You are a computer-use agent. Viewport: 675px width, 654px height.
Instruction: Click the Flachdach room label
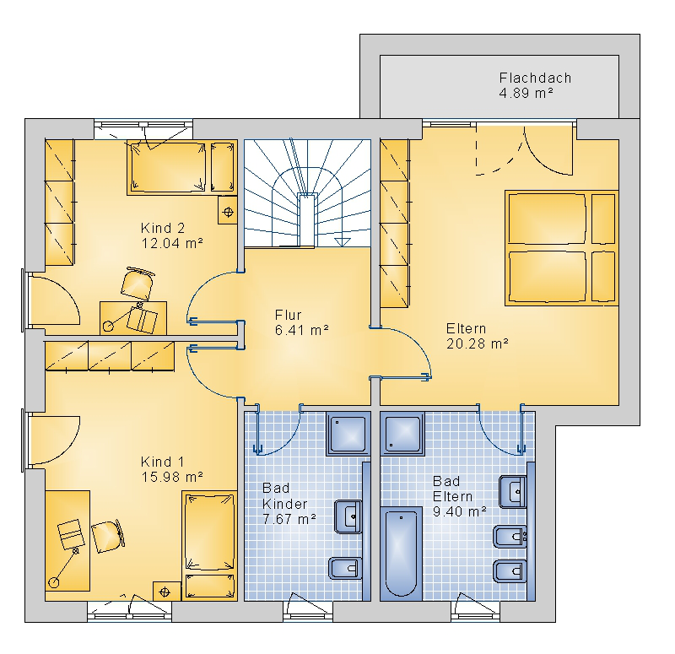(535, 78)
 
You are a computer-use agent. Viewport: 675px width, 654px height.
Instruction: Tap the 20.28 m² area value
(478, 344)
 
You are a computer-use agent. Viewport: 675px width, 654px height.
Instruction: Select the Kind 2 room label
(163, 228)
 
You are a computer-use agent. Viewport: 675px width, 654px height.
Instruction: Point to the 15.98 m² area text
(172, 477)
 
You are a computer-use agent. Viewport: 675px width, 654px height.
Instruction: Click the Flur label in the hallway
(288, 315)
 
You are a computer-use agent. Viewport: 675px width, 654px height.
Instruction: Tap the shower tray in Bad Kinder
(348, 433)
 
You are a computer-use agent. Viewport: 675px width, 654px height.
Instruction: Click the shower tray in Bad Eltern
(402, 433)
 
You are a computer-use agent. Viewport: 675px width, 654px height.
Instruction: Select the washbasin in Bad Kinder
(348, 516)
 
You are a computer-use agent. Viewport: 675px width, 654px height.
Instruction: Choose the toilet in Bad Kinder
(344, 568)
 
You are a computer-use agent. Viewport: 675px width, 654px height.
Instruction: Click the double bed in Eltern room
(562, 248)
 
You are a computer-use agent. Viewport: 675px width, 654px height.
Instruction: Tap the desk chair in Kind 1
(108, 536)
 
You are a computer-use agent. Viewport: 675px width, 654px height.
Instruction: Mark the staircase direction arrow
(343, 241)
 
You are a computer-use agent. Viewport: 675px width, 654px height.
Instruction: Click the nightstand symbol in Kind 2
(228, 211)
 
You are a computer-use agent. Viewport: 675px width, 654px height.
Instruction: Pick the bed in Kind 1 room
(209, 545)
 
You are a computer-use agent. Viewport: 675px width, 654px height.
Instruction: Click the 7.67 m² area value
(289, 519)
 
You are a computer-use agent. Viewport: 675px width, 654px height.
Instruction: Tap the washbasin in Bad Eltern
(513, 492)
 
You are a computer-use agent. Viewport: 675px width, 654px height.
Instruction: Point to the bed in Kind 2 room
(181, 167)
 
